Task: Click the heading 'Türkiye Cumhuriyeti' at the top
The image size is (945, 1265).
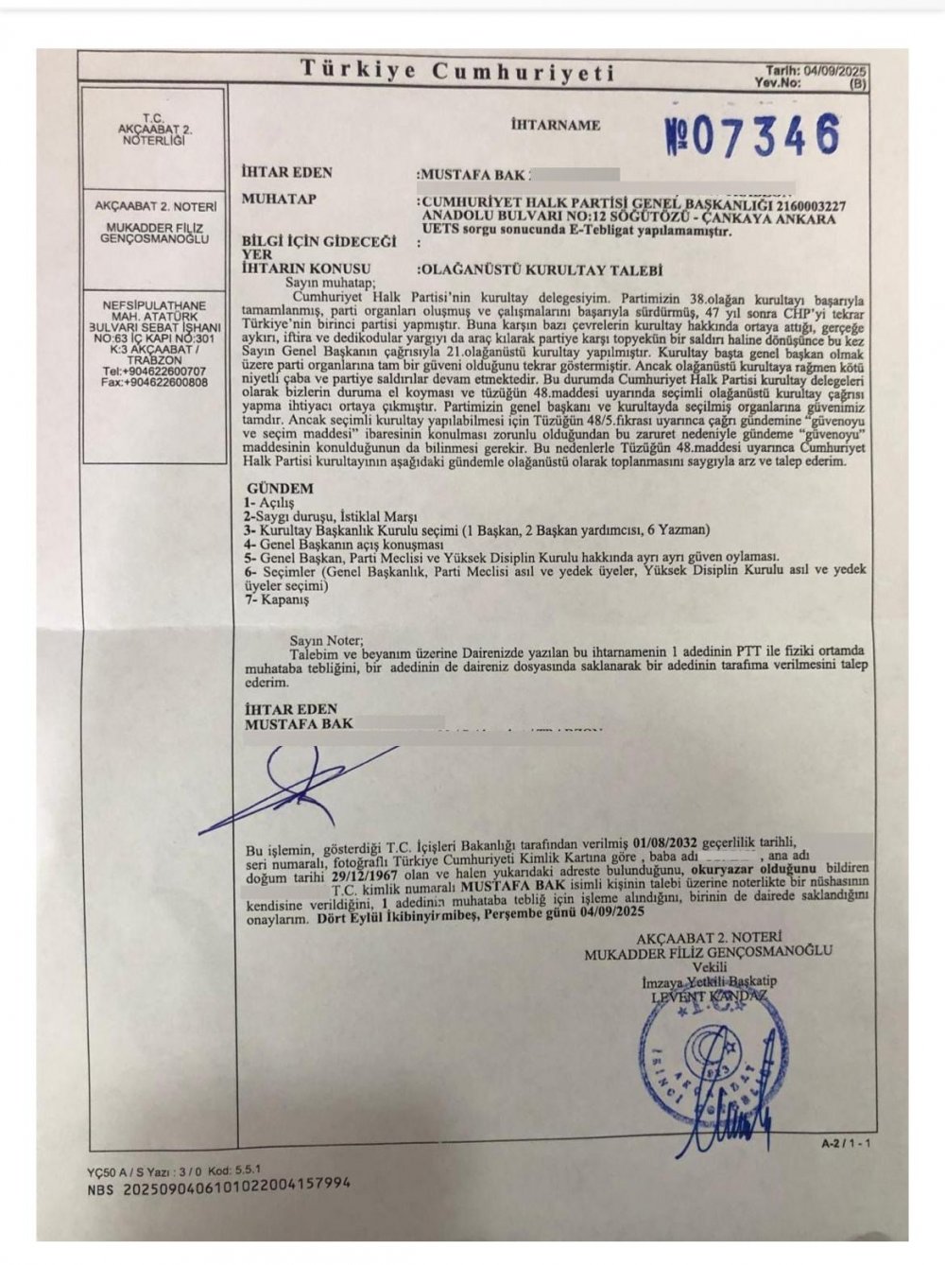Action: [457, 71]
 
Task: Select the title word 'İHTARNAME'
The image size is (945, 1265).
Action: [555, 125]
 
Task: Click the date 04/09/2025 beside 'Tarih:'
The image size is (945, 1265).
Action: [833, 71]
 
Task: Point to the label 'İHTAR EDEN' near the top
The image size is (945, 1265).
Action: [287, 173]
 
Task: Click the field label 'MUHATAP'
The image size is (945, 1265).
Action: [279, 199]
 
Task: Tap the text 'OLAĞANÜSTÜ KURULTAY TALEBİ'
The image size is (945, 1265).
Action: [542, 269]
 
